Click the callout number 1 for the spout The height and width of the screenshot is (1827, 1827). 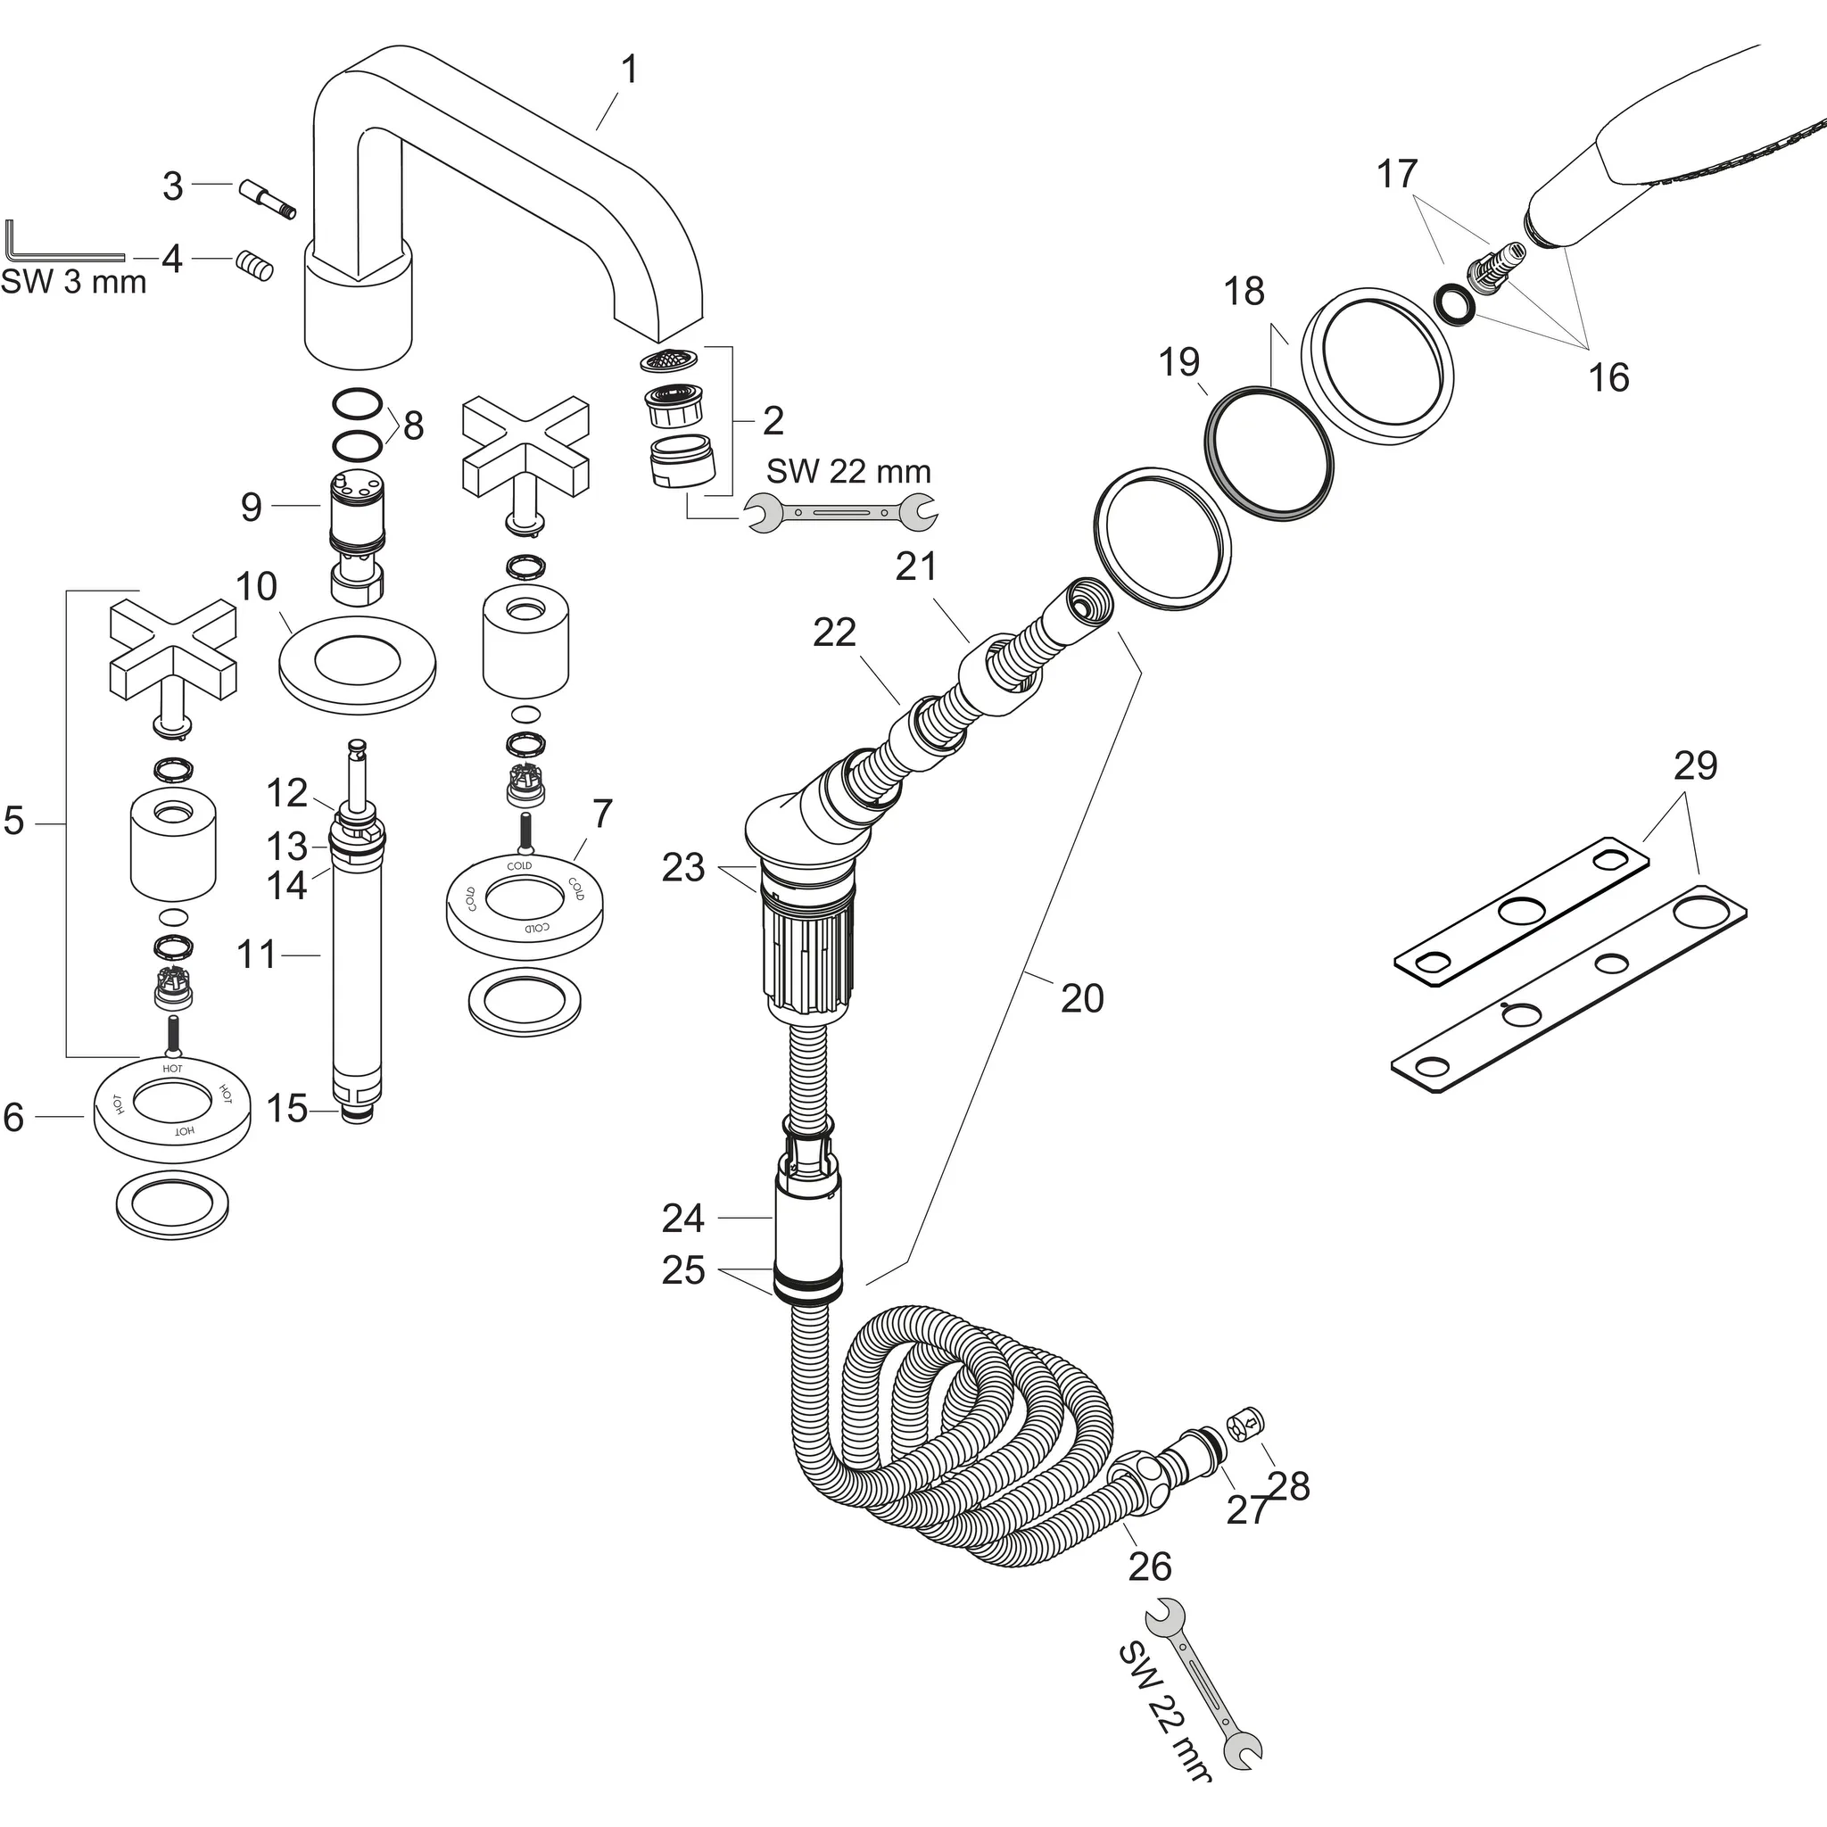629,69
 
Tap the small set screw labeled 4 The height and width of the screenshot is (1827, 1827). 254,266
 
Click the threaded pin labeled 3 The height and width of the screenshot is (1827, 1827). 268,200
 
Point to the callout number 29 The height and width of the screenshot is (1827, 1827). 1695,765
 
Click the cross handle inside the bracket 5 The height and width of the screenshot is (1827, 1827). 173,647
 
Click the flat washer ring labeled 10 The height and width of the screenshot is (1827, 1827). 358,665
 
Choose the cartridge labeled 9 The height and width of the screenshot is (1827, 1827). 356,539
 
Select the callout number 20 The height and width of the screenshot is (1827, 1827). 1082,997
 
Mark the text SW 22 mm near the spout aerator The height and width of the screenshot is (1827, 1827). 848,471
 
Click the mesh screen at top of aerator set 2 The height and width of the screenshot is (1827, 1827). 670,360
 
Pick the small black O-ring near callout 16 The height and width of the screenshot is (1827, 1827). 1452,304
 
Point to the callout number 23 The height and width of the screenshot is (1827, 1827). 682,867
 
